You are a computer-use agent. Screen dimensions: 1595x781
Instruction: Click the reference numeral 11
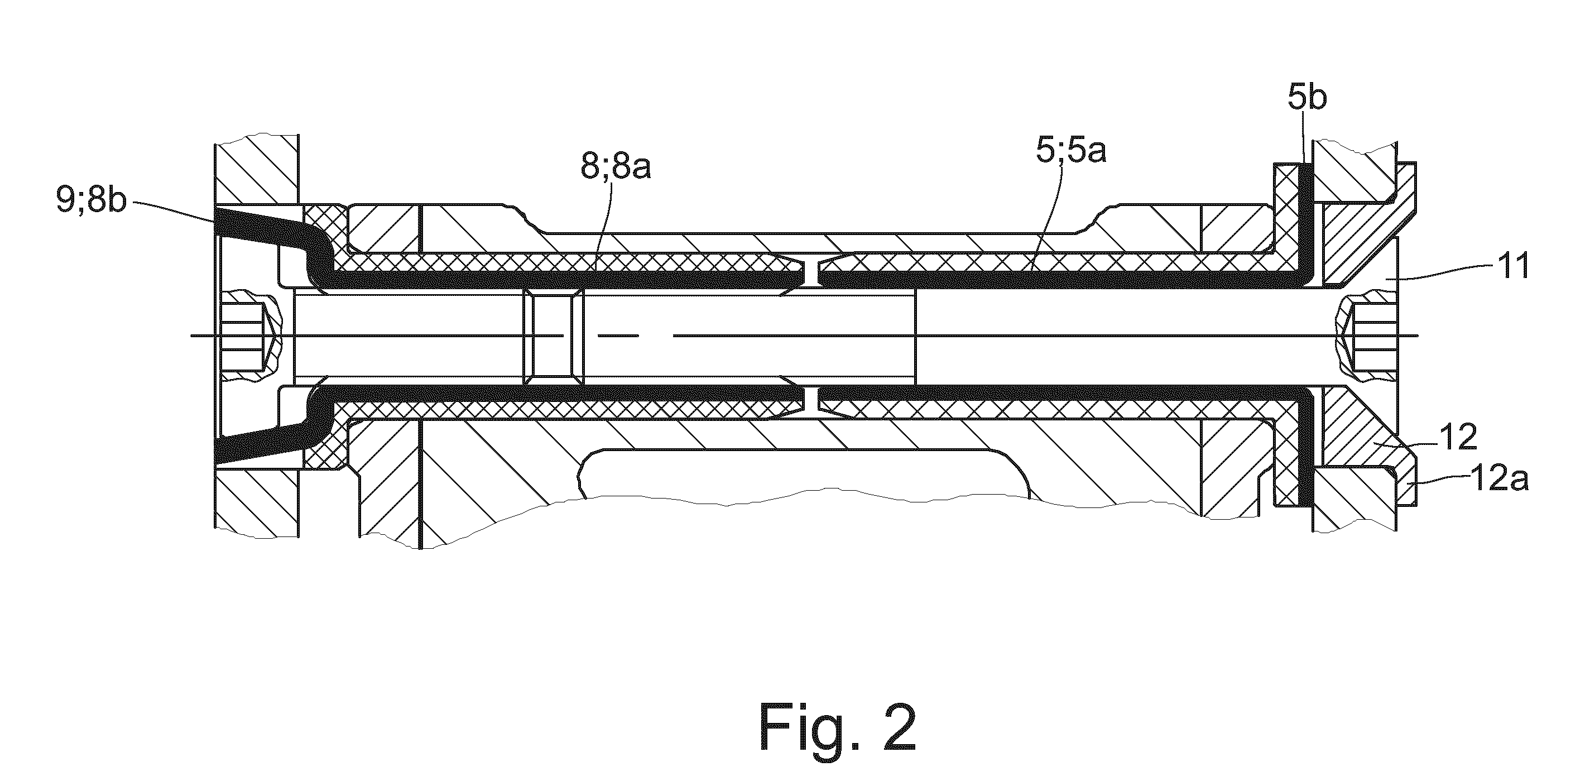(x=1511, y=267)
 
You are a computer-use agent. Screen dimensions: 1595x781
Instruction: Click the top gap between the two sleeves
(x=808, y=272)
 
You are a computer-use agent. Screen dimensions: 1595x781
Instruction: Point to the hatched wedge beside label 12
(x=1362, y=437)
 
